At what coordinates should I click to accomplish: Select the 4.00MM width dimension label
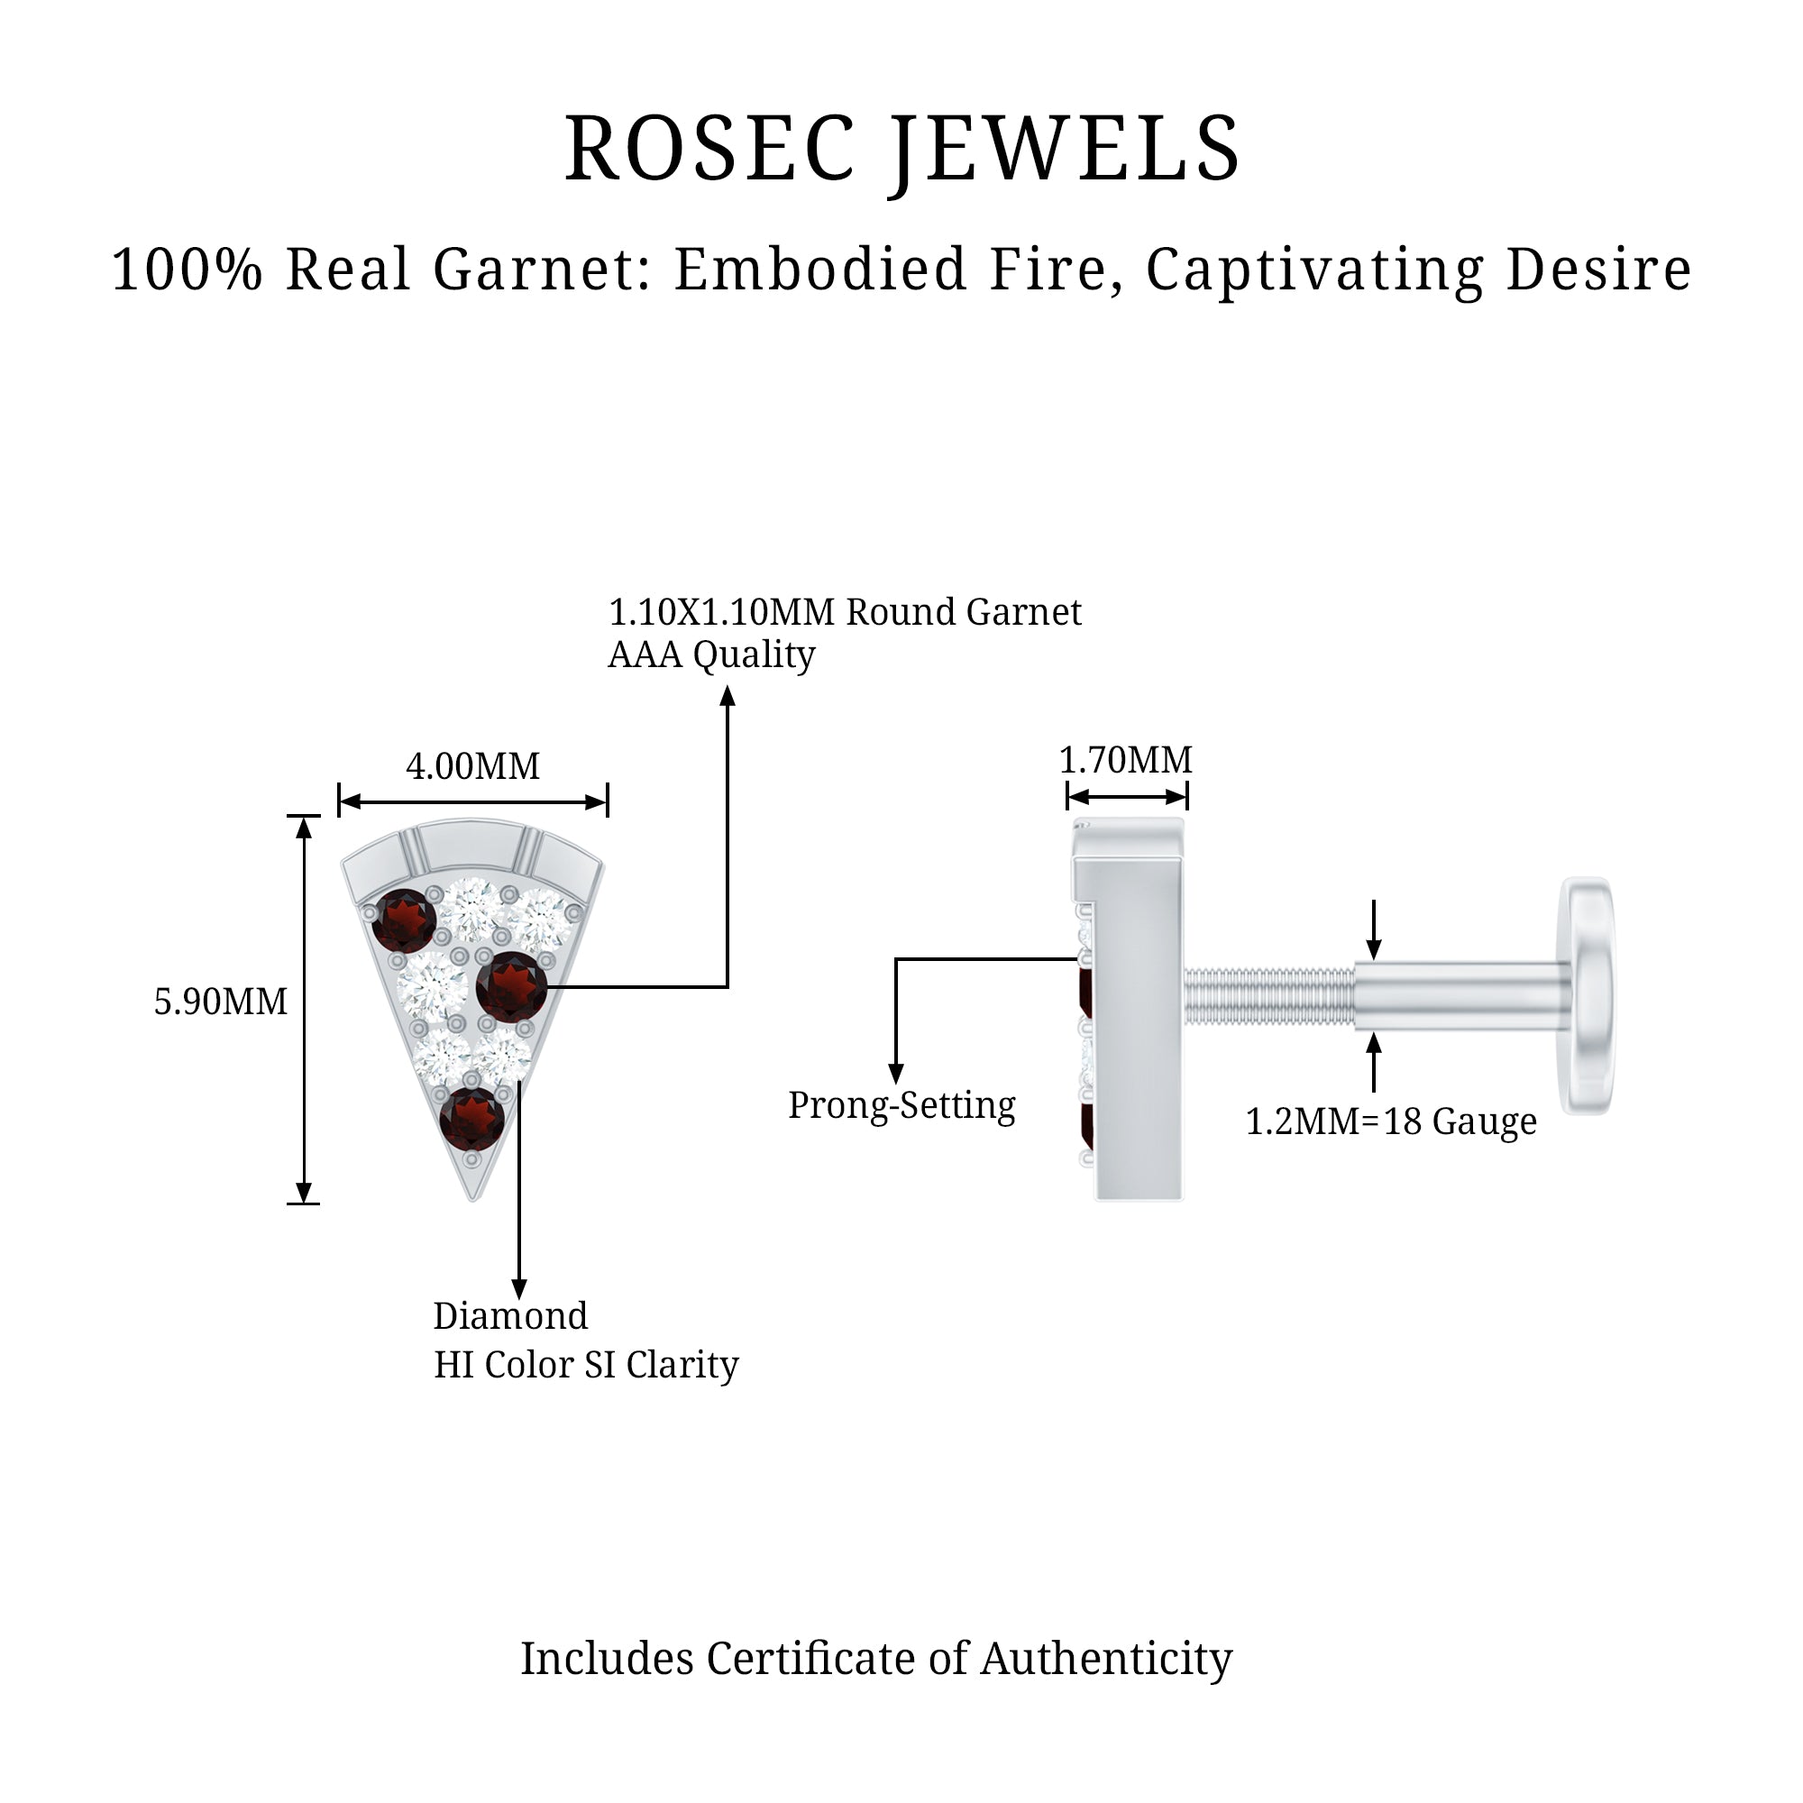472,767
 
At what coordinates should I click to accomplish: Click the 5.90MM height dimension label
220,1002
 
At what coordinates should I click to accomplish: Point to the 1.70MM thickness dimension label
1125,761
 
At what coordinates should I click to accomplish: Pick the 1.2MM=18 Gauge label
1390,1121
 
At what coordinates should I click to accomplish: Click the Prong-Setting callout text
901,1106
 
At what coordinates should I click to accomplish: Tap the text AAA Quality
711,655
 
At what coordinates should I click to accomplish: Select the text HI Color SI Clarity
586,1365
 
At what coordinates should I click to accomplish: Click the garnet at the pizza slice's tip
471,1118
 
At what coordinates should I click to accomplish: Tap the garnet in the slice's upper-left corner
404,920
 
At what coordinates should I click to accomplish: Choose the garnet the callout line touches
510,986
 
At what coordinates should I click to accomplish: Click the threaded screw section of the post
1269,995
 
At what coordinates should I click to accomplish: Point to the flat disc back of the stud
1588,995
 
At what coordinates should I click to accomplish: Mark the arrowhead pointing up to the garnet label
728,696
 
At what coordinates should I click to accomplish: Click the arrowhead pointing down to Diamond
520,1289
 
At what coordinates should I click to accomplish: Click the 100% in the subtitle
187,270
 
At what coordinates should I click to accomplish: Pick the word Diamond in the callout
510,1317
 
